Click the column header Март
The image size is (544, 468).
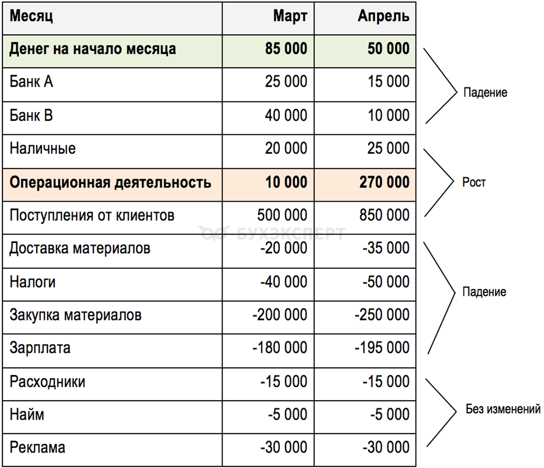(290, 16)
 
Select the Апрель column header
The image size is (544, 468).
(383, 16)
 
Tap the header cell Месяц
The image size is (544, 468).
(31, 16)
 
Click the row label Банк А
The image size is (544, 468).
(31, 82)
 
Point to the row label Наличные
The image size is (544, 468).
(43, 148)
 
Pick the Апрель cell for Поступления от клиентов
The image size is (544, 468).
(383, 215)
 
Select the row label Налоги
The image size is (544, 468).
(33, 282)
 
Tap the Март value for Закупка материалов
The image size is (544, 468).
(280, 315)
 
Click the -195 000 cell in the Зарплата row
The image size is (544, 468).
(382, 348)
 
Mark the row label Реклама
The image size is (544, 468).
(37, 448)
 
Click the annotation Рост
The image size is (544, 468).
(474, 182)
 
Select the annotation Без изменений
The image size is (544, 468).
(503, 410)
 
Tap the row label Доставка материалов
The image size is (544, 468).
(80, 248)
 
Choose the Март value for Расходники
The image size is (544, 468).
(284, 381)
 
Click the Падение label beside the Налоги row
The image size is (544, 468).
(484, 292)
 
